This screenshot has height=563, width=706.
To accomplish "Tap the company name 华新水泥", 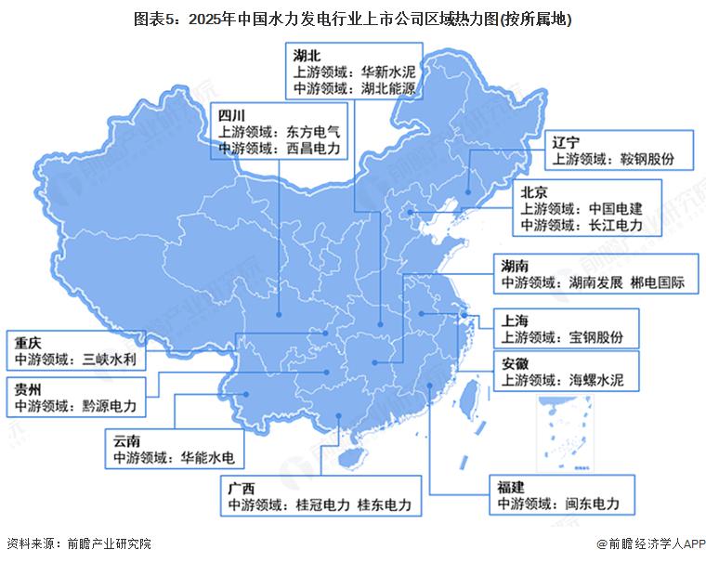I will click(x=391, y=72).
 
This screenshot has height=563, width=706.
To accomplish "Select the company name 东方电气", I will click(x=315, y=133).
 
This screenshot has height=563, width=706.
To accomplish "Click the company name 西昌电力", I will click(x=315, y=149).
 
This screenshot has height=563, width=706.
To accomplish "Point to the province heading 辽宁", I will click(x=566, y=142).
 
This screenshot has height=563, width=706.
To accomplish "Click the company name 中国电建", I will click(x=617, y=209).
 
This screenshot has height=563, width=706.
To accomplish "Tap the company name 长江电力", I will click(x=617, y=225).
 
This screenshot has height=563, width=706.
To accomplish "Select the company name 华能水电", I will click(x=209, y=457).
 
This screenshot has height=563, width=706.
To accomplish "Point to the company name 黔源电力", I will click(x=109, y=406).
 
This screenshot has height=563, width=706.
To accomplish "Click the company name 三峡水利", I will click(x=109, y=358).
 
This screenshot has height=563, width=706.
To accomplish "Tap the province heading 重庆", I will click(x=29, y=341).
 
